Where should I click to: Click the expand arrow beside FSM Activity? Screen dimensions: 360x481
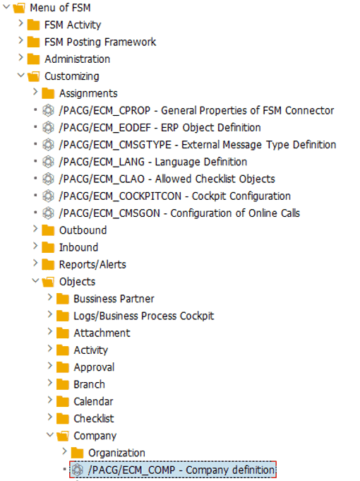pyautogui.click(x=21, y=23)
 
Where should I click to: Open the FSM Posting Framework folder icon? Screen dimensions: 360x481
pyautogui.click(x=33, y=42)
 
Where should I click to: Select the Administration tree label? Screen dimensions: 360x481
pyautogui.click(x=77, y=59)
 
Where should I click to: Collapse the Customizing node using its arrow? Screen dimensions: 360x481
pyautogui.click(x=21, y=75)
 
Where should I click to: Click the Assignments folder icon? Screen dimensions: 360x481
pyautogui.click(x=48, y=93)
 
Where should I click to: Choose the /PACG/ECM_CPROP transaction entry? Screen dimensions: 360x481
pyautogui.click(x=196, y=110)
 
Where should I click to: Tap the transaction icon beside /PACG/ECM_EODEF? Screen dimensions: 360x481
pyautogui.click(x=48, y=128)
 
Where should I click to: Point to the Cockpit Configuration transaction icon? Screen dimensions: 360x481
pyautogui.click(x=48, y=196)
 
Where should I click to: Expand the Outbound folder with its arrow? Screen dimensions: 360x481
pyautogui.click(x=35, y=229)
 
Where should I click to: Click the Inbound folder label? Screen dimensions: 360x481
pyautogui.click(x=78, y=247)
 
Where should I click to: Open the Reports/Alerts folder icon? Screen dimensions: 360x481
pyautogui.click(x=48, y=264)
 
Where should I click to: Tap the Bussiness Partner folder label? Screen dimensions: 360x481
pyautogui.click(x=114, y=299)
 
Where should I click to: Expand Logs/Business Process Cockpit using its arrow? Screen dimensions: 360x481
pyautogui.click(x=50, y=314)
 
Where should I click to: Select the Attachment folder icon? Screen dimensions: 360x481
pyautogui.click(x=63, y=333)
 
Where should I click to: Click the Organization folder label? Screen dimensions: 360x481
pyautogui.click(x=116, y=453)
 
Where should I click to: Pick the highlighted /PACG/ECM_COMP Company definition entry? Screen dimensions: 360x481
pyautogui.click(x=173, y=470)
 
